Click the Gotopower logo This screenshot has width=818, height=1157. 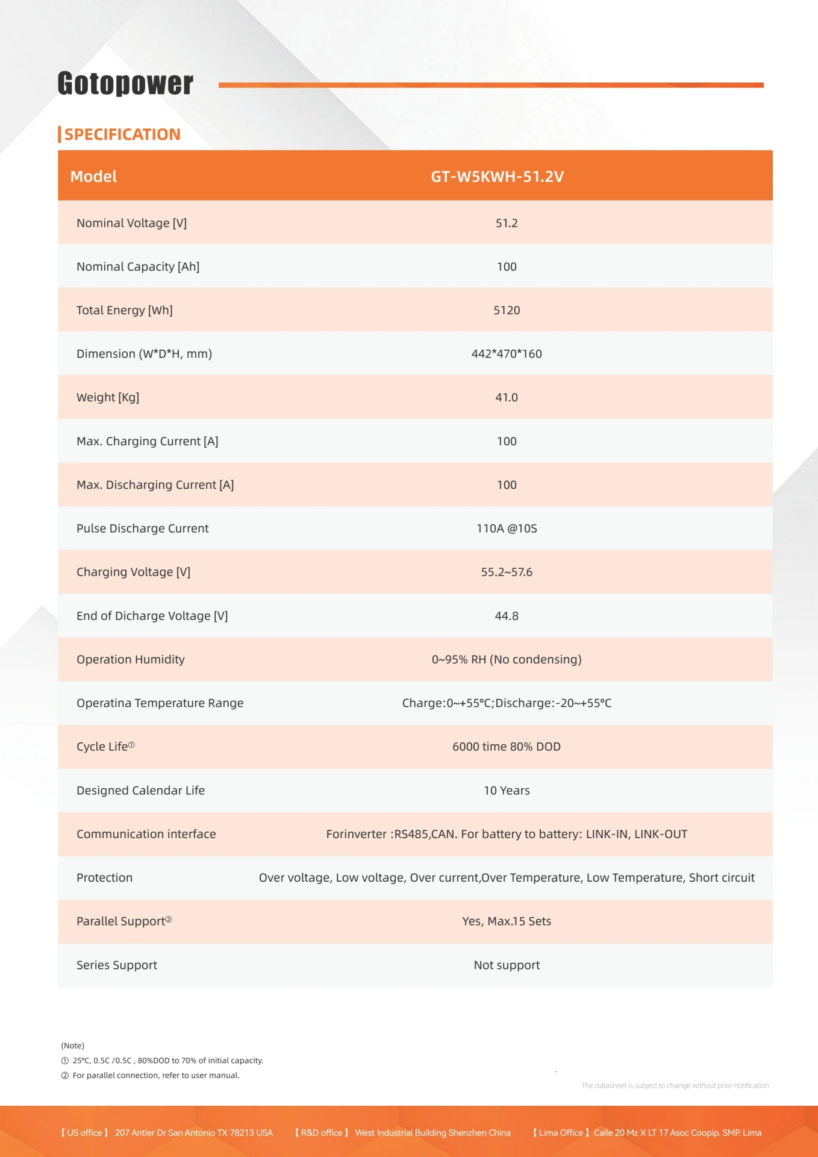(x=125, y=83)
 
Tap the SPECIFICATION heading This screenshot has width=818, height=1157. (x=122, y=134)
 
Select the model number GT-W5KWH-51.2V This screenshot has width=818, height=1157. (x=497, y=177)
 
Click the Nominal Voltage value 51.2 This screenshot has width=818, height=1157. (x=507, y=223)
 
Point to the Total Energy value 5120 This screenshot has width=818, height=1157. (x=507, y=310)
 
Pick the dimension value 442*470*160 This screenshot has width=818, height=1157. (x=507, y=354)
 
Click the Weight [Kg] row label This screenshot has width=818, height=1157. (x=108, y=398)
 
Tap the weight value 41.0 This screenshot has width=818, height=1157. (x=507, y=398)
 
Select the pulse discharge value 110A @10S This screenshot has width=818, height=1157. (x=507, y=528)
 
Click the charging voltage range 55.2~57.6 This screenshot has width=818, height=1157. (x=507, y=572)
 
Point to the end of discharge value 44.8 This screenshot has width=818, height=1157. (x=507, y=616)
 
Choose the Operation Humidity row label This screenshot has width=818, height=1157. (x=131, y=659)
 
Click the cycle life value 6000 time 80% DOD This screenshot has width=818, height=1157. (x=507, y=747)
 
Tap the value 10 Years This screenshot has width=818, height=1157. (x=507, y=791)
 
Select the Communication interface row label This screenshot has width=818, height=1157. (x=146, y=834)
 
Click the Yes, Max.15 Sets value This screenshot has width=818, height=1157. (x=507, y=921)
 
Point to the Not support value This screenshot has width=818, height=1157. (x=507, y=965)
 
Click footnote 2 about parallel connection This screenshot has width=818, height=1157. (x=155, y=1076)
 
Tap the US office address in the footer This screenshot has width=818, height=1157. (x=194, y=1133)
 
